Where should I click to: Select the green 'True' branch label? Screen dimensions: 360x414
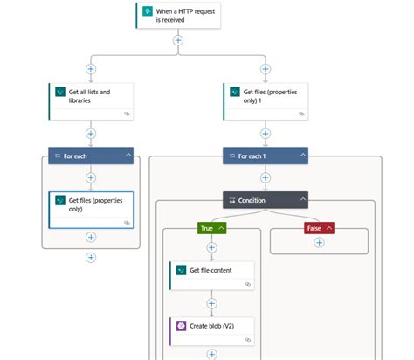[x=207, y=228]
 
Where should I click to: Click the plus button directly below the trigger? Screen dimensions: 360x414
[x=178, y=39]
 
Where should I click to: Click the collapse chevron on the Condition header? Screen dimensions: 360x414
[x=303, y=199]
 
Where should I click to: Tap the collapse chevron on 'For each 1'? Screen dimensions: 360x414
[x=303, y=156]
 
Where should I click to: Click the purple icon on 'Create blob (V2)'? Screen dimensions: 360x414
[x=182, y=325]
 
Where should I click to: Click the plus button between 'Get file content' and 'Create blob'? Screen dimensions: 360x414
[x=211, y=302]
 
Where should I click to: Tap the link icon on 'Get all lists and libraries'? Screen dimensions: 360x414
[x=127, y=114]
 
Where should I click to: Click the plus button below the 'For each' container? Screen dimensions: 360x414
[x=91, y=257]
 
